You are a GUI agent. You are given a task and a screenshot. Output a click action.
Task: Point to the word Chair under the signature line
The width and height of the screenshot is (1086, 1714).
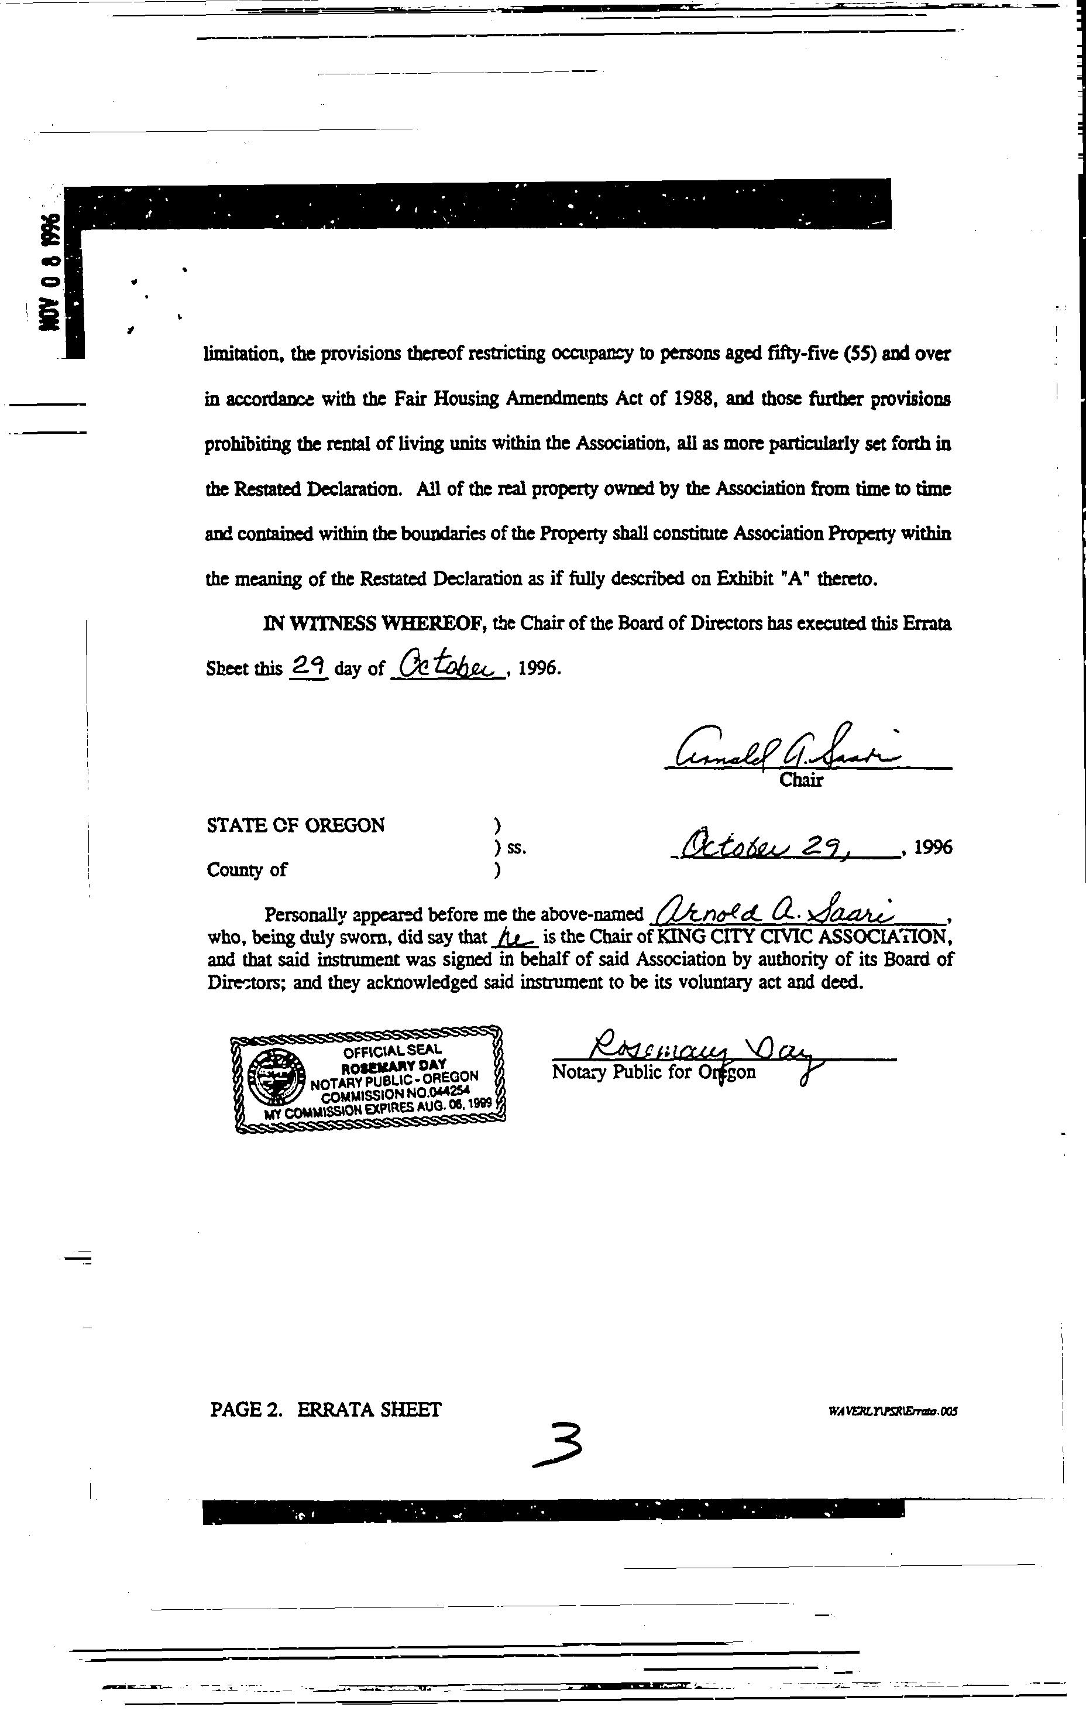[800, 780]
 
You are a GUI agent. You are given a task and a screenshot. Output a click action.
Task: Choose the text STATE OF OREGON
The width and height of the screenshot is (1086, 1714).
[295, 825]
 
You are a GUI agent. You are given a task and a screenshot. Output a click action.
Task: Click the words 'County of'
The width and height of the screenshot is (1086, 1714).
[246, 870]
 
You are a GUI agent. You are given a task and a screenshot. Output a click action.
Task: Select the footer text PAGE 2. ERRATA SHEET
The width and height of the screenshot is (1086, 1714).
[325, 1410]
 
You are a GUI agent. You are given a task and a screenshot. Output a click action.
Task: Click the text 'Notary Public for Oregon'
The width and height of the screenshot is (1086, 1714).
[654, 1072]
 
